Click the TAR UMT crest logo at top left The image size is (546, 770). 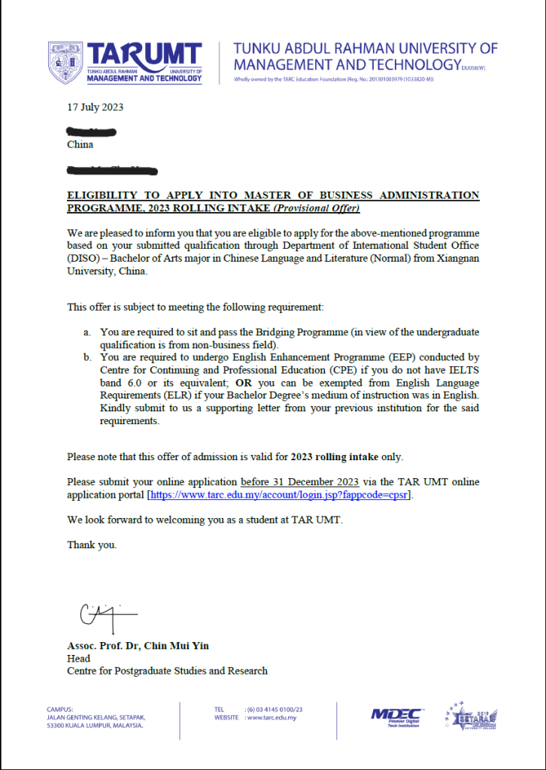tap(65, 62)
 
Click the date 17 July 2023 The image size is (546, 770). tap(96, 107)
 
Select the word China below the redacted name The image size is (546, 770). tap(80, 144)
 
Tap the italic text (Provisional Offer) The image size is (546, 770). tap(316, 208)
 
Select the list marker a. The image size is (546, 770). tap(87, 332)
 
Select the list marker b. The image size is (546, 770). tap(87, 357)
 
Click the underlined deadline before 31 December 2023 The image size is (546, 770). tap(299, 481)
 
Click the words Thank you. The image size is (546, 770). tap(92, 544)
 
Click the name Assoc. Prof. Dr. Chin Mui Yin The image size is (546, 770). tap(138, 646)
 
